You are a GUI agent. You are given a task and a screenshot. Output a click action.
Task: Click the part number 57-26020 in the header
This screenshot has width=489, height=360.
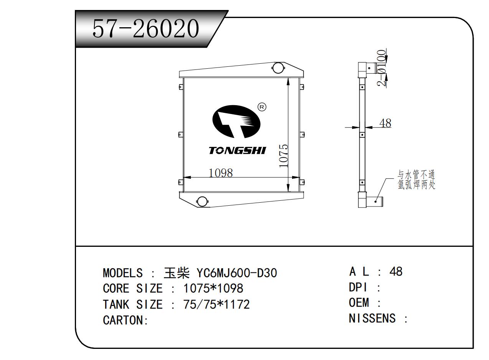[145, 28]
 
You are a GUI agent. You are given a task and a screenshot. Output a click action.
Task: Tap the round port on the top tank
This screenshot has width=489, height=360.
[278, 68]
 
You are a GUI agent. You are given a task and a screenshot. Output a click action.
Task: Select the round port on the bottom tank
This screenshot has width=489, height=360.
[202, 201]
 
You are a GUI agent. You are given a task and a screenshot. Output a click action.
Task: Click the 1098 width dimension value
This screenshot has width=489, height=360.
[221, 173]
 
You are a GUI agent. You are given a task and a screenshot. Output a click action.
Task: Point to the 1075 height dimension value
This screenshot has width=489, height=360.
[284, 156]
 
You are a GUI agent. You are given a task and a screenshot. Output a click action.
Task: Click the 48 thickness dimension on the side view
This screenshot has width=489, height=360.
[385, 123]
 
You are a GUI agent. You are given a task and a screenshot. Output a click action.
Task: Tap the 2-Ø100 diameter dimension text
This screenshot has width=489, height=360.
[382, 68]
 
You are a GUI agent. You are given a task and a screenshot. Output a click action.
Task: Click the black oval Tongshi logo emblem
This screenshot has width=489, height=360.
[236, 122]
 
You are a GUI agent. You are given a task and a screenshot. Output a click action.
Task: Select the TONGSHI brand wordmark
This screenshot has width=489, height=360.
[237, 150]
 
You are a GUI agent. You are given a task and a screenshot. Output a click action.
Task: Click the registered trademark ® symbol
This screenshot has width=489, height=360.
[262, 107]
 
